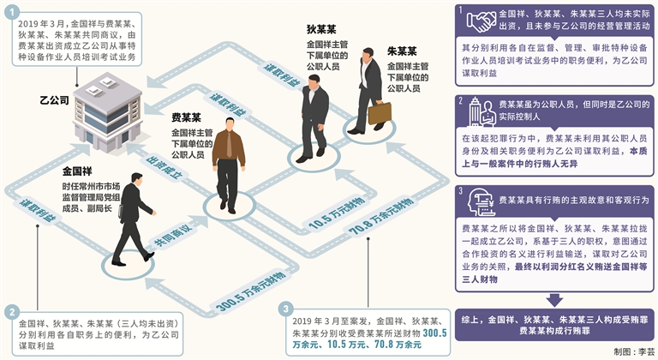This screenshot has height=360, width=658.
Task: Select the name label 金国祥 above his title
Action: (x=78, y=170)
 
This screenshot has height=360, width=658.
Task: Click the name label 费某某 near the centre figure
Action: (x=187, y=117)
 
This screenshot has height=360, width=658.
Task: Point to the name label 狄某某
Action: (x=320, y=28)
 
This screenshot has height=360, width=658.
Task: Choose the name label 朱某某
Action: (x=402, y=51)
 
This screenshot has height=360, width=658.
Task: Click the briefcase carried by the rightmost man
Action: (x=379, y=112)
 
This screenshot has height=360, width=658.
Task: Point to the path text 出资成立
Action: (x=165, y=170)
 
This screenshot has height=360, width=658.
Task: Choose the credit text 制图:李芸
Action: (x=633, y=351)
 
